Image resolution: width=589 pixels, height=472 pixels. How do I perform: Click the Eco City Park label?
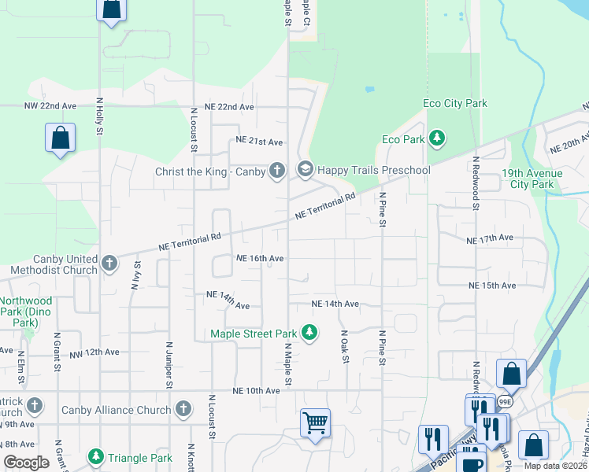455,103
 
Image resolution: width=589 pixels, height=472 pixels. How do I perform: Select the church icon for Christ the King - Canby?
276,170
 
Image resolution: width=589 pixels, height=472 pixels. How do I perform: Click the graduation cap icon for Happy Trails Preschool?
305,169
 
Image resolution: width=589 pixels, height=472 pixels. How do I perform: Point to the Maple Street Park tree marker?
309,333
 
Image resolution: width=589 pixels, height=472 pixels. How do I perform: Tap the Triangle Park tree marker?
96,457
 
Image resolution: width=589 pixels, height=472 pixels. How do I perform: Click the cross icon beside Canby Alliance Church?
183,408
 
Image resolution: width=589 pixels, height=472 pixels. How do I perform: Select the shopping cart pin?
315,422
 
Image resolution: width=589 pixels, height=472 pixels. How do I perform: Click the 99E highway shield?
505,401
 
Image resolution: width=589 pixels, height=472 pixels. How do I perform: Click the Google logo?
26,463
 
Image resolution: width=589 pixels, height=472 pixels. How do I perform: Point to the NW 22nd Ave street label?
50,105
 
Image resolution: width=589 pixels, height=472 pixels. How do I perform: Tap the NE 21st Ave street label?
259,142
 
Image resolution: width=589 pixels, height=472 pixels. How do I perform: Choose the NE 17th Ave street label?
490,238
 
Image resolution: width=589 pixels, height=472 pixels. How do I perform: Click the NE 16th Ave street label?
260,258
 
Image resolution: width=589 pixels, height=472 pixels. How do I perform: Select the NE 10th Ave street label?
256,391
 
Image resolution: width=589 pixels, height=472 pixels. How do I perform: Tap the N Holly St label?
100,115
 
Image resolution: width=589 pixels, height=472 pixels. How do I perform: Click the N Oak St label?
345,347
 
